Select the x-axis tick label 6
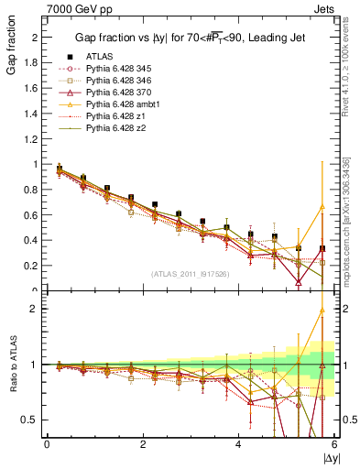334,444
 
